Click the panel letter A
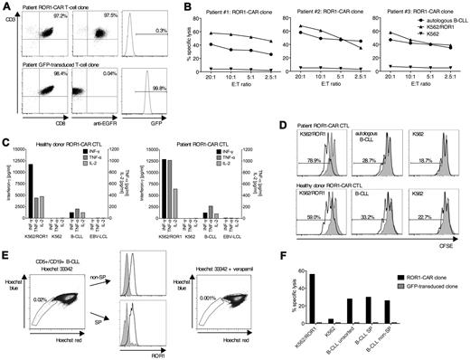point(6,6)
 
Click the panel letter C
point(6,132)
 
